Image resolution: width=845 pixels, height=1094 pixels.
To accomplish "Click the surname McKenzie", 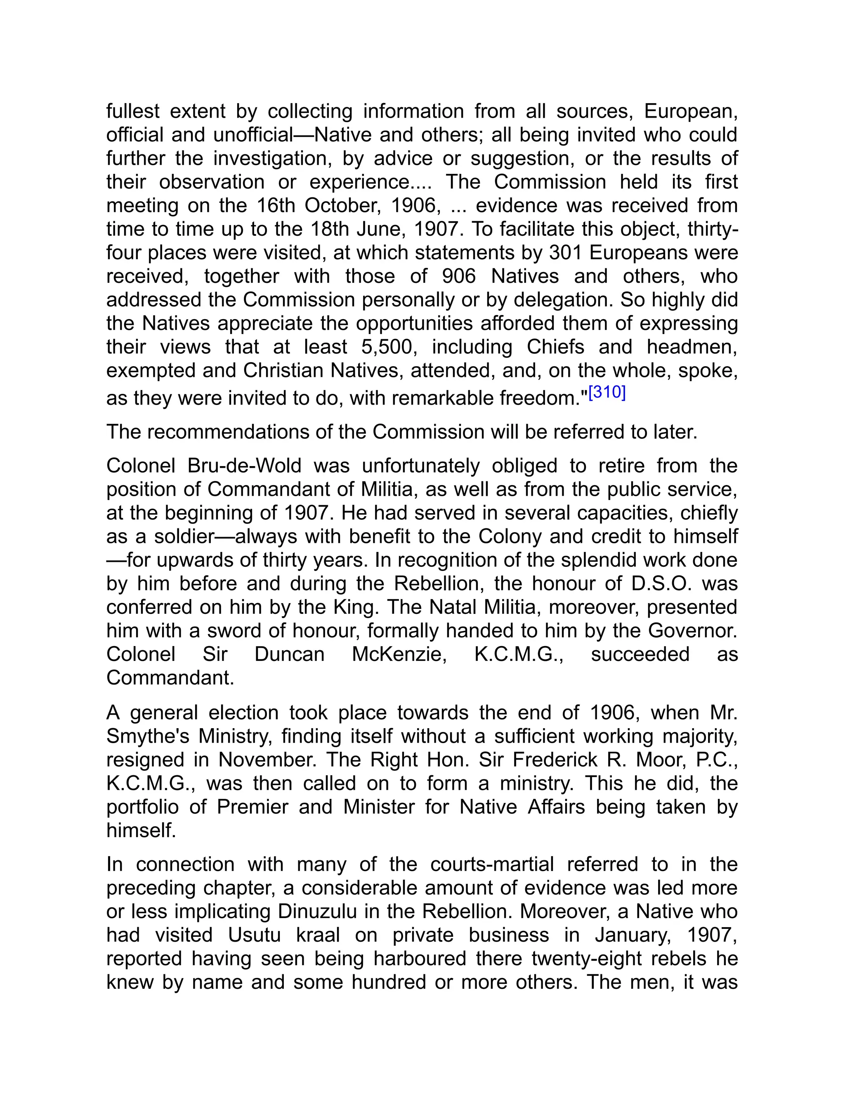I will (x=399, y=654).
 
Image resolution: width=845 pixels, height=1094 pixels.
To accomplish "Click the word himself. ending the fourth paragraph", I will (x=141, y=831).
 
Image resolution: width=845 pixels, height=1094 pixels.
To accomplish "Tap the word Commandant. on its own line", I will (x=170, y=678).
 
